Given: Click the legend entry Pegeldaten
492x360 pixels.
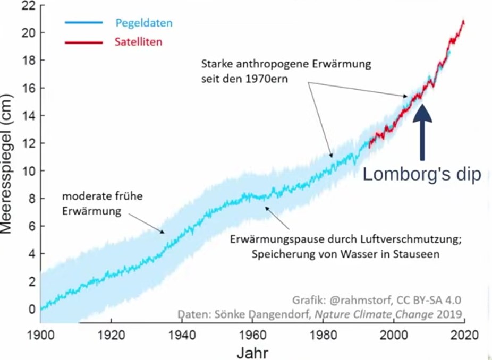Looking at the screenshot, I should point(143,23).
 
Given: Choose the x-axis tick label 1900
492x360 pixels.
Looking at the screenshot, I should point(40,336).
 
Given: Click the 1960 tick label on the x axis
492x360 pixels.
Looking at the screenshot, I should point(252,336).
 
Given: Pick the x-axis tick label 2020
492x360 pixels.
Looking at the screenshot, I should point(464,336).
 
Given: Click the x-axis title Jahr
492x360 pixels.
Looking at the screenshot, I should point(253,352).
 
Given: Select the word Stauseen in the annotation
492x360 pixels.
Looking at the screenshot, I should point(417,254).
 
